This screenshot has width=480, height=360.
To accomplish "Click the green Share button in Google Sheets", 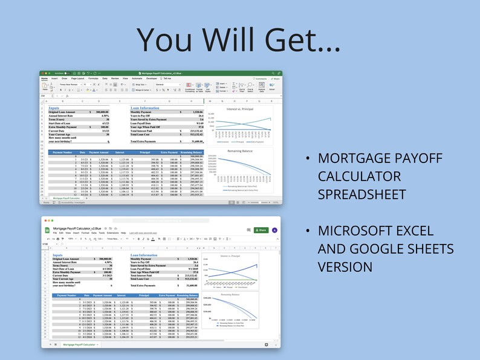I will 261,230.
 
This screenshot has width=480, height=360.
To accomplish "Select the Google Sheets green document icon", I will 46,230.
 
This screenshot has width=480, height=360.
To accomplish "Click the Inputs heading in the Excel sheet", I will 54,108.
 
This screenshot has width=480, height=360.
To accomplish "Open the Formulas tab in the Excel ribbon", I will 93,79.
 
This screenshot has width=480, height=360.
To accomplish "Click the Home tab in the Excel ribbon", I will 44,79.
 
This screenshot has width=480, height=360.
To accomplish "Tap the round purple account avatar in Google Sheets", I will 274,230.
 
